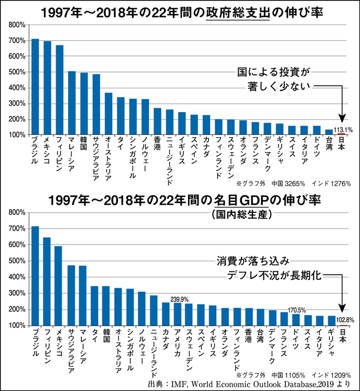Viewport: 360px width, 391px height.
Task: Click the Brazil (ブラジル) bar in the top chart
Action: pyautogui.click(x=35, y=87)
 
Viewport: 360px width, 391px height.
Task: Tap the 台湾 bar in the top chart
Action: pyautogui.click(x=329, y=132)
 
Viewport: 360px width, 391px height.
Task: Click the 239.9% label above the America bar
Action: pyautogui.click(x=179, y=299)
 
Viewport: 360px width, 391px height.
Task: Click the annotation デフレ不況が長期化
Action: pyautogui.click(x=274, y=276)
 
